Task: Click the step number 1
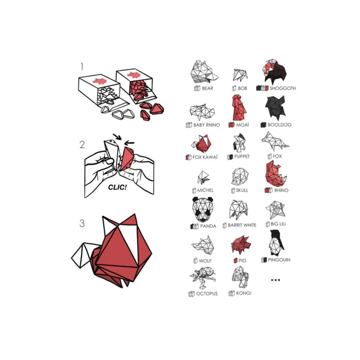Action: click(82, 67)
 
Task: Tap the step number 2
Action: click(82, 145)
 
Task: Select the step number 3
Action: click(82, 223)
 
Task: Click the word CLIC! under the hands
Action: click(118, 187)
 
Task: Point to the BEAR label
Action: click(208, 88)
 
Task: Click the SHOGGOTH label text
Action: click(283, 88)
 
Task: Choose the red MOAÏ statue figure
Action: click(239, 108)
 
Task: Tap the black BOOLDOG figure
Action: click(275, 108)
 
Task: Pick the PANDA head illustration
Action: click(203, 209)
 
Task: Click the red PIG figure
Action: click(241, 245)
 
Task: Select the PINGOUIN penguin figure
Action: click(276, 243)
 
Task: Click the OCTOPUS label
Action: click(206, 293)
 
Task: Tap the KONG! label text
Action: click(244, 293)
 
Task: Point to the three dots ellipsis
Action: click(275, 280)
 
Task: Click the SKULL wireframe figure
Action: click(240, 177)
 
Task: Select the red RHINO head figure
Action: click(276, 173)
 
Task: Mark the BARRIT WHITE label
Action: click(242, 225)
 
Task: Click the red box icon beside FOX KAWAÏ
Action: click(188, 157)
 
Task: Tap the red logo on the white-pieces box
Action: click(100, 81)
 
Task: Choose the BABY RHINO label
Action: click(206, 125)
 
